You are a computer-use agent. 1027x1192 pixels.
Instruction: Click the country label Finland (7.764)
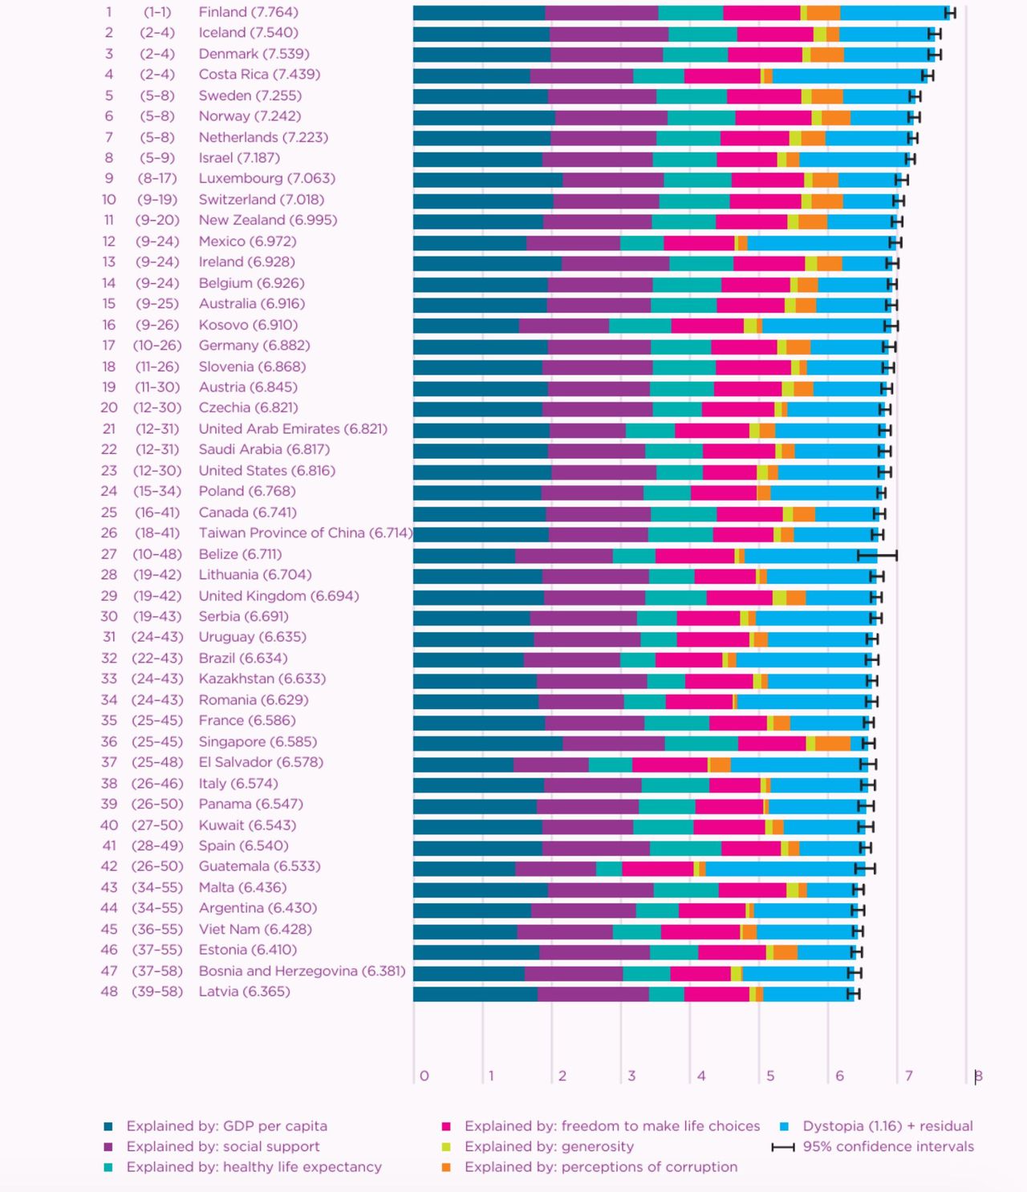(248, 12)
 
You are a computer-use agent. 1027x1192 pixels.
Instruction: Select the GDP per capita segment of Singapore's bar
(487, 743)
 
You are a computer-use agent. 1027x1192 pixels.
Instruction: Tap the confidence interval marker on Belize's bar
(876, 555)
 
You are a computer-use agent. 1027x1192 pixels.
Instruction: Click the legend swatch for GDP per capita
(108, 1126)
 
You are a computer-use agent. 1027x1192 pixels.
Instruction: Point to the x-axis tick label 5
(770, 1076)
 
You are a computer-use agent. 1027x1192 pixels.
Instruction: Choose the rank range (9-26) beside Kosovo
(156, 325)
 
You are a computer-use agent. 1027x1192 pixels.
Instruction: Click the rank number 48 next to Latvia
(109, 991)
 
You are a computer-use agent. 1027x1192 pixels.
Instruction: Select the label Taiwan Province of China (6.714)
(306, 533)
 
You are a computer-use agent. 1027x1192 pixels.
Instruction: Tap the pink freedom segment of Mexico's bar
(699, 242)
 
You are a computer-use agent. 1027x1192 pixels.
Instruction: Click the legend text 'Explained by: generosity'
(549, 1146)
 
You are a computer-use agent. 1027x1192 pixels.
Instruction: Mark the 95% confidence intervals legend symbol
(783, 1147)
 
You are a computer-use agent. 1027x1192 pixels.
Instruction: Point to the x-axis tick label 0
(424, 1076)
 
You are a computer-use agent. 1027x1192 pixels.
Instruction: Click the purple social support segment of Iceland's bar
(609, 34)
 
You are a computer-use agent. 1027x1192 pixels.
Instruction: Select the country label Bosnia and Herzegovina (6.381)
(302, 971)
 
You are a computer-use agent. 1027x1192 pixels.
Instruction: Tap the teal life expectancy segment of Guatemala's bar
(609, 868)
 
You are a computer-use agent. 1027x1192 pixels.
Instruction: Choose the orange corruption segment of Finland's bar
(823, 13)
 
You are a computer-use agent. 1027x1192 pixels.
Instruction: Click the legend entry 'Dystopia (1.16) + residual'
(887, 1126)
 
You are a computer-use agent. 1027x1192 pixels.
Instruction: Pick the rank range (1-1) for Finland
(156, 12)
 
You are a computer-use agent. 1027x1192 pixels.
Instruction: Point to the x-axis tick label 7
(909, 1076)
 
